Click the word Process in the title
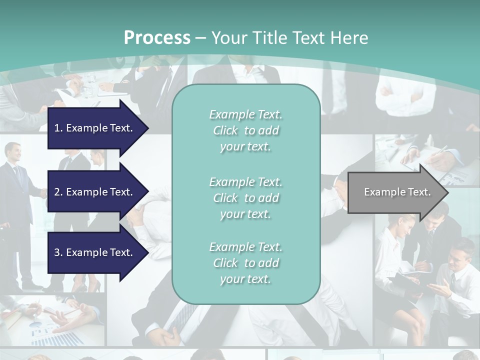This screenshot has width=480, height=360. point(157,38)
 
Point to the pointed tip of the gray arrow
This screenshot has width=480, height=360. point(447,192)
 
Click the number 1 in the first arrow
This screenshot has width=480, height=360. point(57,128)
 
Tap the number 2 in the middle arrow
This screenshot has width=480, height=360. point(57,192)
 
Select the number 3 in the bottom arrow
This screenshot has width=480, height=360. point(57,252)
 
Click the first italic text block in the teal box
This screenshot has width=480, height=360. point(245,130)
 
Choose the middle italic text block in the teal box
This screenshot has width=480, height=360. point(245,198)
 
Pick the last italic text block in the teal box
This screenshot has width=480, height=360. point(245,263)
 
